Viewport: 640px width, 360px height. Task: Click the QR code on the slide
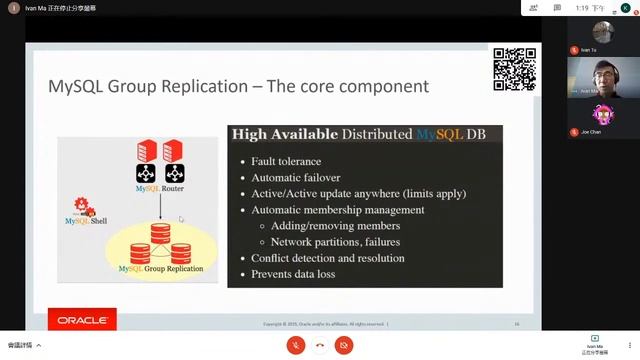(514, 69)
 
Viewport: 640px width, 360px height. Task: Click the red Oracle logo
(82, 320)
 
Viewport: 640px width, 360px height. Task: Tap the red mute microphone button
(296, 344)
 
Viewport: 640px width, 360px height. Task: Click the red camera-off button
(344, 344)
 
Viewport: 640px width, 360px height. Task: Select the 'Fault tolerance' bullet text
(286, 161)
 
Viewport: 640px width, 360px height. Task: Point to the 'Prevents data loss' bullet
(293, 274)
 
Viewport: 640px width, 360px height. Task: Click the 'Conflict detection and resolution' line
(328, 258)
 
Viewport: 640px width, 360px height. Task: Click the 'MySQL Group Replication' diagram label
(160, 269)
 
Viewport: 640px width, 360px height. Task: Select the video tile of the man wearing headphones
(602, 76)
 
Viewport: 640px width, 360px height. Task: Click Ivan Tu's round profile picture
(602, 32)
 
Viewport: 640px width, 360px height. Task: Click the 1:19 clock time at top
(583, 7)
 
